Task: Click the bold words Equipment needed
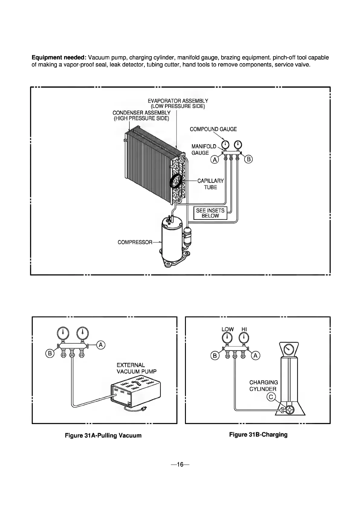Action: coord(59,58)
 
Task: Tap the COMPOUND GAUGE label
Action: coord(213,129)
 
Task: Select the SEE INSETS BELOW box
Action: coord(210,213)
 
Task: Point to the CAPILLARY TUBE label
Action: coord(210,184)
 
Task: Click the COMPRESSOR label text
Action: coord(135,242)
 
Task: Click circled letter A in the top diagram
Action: coord(214,160)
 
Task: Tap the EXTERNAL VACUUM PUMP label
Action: coord(137,368)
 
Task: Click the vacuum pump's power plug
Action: coord(144,410)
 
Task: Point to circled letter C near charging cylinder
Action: coord(271,397)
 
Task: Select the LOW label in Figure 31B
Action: coord(228,329)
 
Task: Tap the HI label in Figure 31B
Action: coord(244,329)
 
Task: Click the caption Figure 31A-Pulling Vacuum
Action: coord(103,436)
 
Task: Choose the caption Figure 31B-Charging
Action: coord(258,435)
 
